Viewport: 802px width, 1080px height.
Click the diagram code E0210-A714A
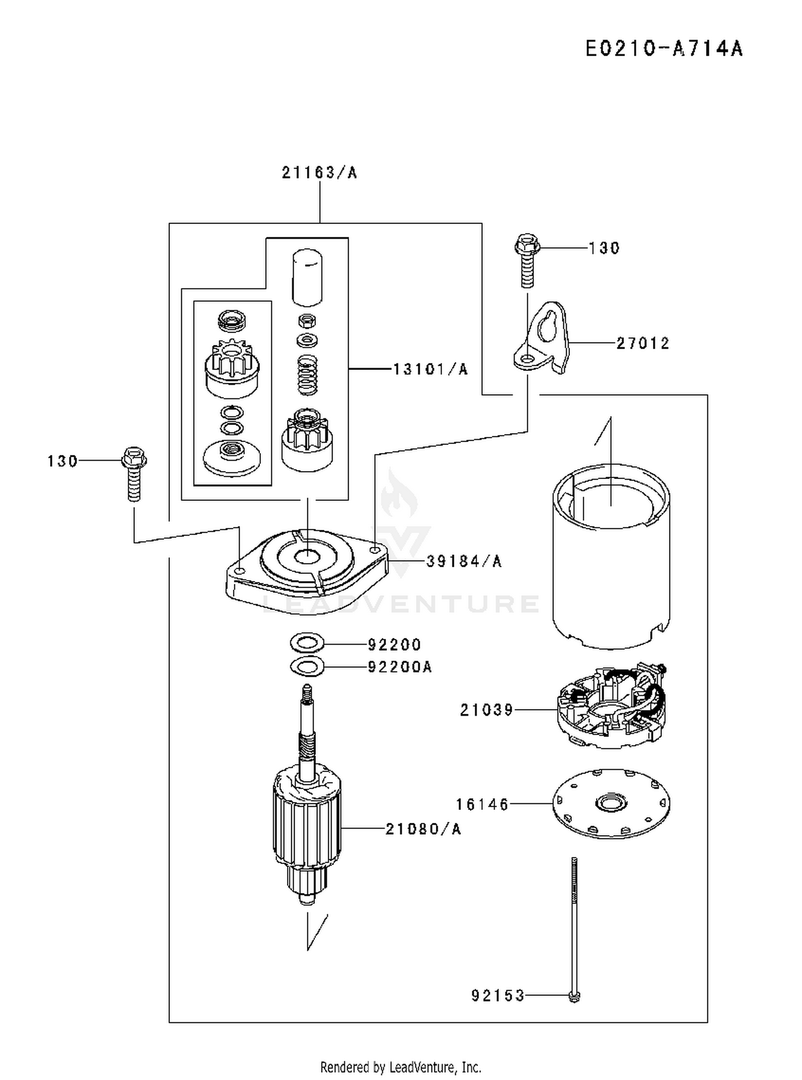pyautogui.click(x=664, y=49)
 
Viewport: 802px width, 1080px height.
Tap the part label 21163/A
pyautogui.click(x=319, y=173)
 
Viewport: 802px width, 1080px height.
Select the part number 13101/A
pyautogui.click(x=430, y=369)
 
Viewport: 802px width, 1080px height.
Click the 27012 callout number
pyautogui.click(x=643, y=343)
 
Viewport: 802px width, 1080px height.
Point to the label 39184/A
pyautogui.click(x=464, y=561)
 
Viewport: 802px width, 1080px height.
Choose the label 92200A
pyautogui.click(x=400, y=667)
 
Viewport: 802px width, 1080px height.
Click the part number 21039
pyautogui.click(x=487, y=710)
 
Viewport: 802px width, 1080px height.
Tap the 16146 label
pyautogui.click(x=482, y=804)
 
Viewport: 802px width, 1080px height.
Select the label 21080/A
pyautogui.click(x=423, y=829)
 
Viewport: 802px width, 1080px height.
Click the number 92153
pyautogui.click(x=498, y=995)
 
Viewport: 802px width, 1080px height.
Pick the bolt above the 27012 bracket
pyautogui.click(x=527, y=260)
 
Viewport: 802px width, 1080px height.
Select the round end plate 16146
pyautogui.click(x=611, y=804)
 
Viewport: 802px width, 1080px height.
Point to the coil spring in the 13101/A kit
pyautogui.click(x=307, y=375)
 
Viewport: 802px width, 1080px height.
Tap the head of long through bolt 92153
pyautogui.click(x=574, y=996)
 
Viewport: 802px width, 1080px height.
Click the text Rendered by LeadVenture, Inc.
pyautogui.click(x=400, y=1068)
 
